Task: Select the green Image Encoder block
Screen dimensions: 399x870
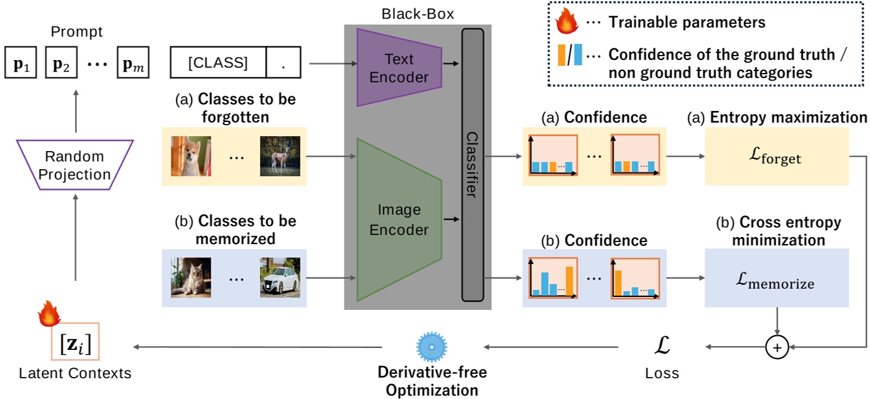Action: coord(399,220)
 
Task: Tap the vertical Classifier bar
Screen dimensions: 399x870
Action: coord(472,165)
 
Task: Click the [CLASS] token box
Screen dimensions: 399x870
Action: coord(218,63)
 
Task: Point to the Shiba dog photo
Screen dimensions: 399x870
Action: coord(191,156)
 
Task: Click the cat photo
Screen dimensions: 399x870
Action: coord(191,278)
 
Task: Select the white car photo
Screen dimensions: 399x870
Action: coord(280,278)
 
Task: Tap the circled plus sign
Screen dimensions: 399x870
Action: coord(777,348)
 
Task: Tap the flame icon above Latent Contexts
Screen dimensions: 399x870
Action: coord(48,314)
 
